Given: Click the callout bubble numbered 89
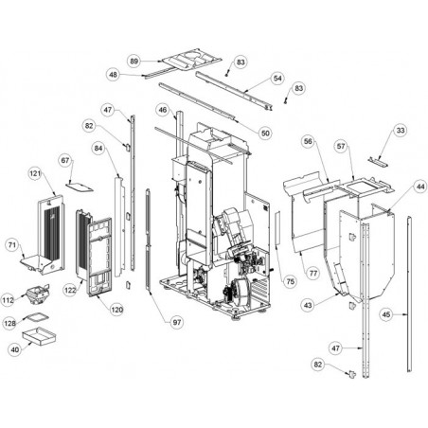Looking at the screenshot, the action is pyautogui.click(x=134, y=61).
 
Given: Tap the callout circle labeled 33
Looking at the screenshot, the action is pyautogui.click(x=401, y=131).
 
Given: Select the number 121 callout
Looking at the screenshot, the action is pyautogui.click(x=35, y=173).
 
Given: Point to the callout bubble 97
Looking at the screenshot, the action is pyautogui.click(x=177, y=322).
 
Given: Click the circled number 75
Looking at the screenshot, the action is pyautogui.click(x=290, y=281).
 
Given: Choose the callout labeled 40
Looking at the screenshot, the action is pyautogui.click(x=15, y=349).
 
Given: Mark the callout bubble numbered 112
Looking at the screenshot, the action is pyautogui.click(x=9, y=300).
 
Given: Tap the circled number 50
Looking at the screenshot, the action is pyautogui.click(x=265, y=134).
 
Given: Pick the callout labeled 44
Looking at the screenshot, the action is pyautogui.click(x=420, y=187).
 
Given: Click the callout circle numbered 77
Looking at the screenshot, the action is pyautogui.click(x=313, y=273).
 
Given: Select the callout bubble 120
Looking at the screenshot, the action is pyautogui.click(x=116, y=310).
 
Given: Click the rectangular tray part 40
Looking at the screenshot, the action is pyautogui.click(x=39, y=335).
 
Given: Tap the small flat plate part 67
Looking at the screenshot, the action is pyautogui.click(x=80, y=187).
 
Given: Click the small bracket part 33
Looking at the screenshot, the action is pyautogui.click(x=378, y=162).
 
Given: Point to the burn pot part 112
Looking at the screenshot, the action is pyautogui.click(x=38, y=294).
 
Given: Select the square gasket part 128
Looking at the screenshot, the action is pyautogui.click(x=37, y=316).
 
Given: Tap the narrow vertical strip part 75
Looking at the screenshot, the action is pyautogui.click(x=277, y=228).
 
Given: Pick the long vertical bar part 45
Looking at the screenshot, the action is pyautogui.click(x=409, y=294).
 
